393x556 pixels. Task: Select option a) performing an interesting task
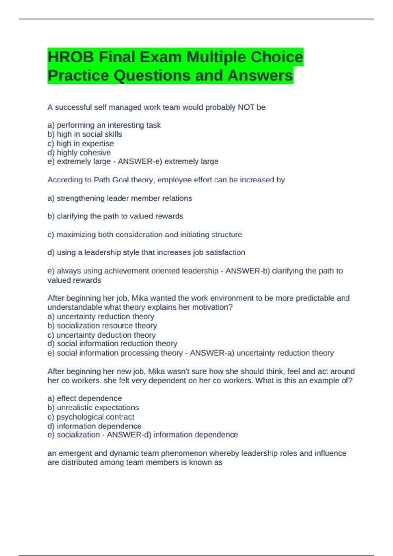pos(104,125)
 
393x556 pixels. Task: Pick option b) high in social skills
pos(84,134)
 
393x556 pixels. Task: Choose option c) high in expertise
pos(81,143)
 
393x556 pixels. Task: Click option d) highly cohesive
pos(79,152)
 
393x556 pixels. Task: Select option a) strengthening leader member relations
pos(120,198)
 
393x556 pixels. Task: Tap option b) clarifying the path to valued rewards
pos(115,216)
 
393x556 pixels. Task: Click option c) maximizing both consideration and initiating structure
pos(145,235)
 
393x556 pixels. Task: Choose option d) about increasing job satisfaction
pos(146,252)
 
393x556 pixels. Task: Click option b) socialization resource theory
pos(102,326)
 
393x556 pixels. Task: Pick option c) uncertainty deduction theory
pos(102,335)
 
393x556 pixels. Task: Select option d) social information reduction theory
pos(112,344)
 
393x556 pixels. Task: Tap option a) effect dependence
pos(84,398)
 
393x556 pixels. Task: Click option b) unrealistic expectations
pos(93,408)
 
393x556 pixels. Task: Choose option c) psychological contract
pos(91,417)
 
